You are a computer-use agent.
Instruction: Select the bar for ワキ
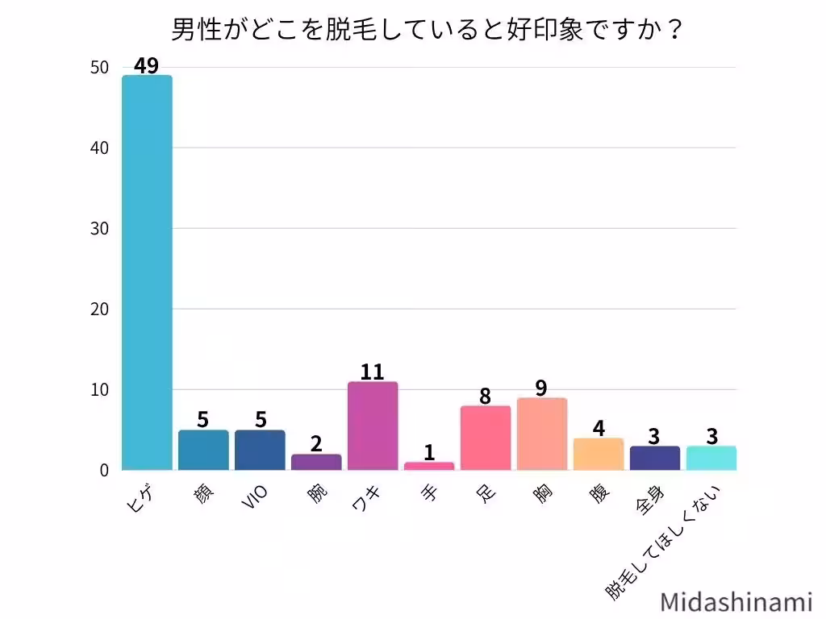[x=373, y=426]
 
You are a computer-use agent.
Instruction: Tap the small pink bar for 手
[x=429, y=466]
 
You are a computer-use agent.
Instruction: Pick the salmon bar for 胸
[x=542, y=434]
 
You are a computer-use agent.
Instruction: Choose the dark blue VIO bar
[x=260, y=450]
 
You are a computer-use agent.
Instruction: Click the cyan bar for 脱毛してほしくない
[x=711, y=458]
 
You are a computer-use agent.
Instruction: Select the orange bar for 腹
[x=599, y=454]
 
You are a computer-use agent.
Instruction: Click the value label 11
[x=372, y=372]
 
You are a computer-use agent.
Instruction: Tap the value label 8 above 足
[x=485, y=396]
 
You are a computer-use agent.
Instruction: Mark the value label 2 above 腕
[x=316, y=444]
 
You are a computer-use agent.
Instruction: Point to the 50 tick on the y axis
[x=99, y=68]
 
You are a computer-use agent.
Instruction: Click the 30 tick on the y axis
[x=99, y=229]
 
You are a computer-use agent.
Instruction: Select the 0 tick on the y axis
[x=104, y=470]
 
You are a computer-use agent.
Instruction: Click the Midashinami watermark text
[x=736, y=602]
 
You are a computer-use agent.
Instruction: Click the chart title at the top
[x=428, y=31]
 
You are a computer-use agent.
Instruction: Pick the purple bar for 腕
[x=316, y=462]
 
